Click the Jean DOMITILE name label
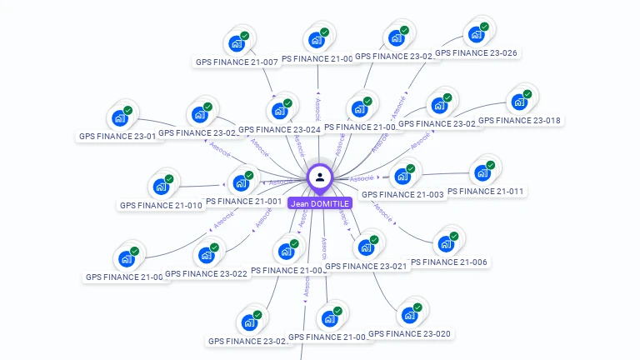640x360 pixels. (319, 203)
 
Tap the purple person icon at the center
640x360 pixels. (320, 177)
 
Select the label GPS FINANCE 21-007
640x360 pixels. (237, 62)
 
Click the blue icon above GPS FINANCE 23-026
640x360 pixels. (477, 34)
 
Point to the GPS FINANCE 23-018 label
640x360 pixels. (519, 120)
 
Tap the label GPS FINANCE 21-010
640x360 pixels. (161, 205)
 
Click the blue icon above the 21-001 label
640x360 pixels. (242, 182)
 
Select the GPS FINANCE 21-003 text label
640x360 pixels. (402, 195)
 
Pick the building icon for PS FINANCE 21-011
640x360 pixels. (482, 173)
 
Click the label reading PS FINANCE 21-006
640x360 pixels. (449, 262)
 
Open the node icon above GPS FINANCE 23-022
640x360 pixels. (205, 255)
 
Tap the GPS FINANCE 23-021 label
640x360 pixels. (366, 267)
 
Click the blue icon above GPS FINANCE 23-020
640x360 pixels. (409, 315)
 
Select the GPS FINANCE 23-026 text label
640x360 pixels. (476, 53)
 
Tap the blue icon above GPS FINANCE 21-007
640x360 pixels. (237, 43)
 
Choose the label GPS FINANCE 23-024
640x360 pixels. (279, 130)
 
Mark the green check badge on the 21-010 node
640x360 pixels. (169, 179)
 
